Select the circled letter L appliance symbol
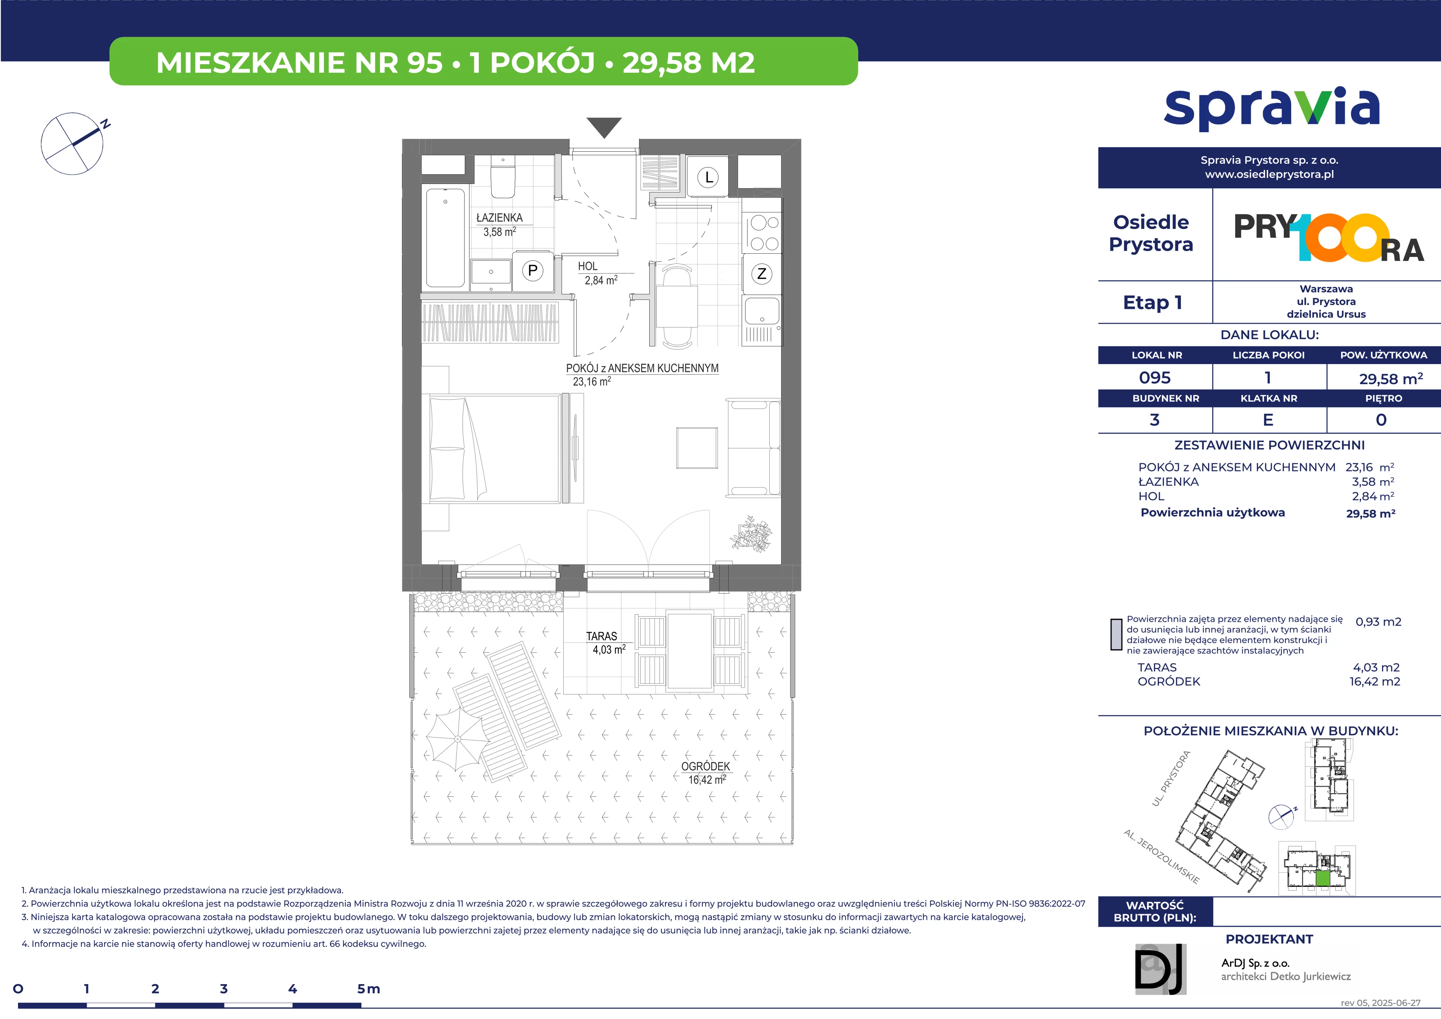coord(708,177)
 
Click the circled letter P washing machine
coord(533,271)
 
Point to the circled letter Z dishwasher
coord(762,274)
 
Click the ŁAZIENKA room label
coord(499,218)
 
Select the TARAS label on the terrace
coord(601,636)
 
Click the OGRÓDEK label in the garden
coord(705,767)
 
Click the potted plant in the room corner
coord(751,534)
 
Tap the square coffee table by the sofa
coord(696,448)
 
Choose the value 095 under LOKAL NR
coord(1155,378)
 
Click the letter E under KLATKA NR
coord(1268,420)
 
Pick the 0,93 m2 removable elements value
coord(1378,622)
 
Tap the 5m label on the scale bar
coord(369,989)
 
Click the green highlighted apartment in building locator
coord(1322,878)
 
